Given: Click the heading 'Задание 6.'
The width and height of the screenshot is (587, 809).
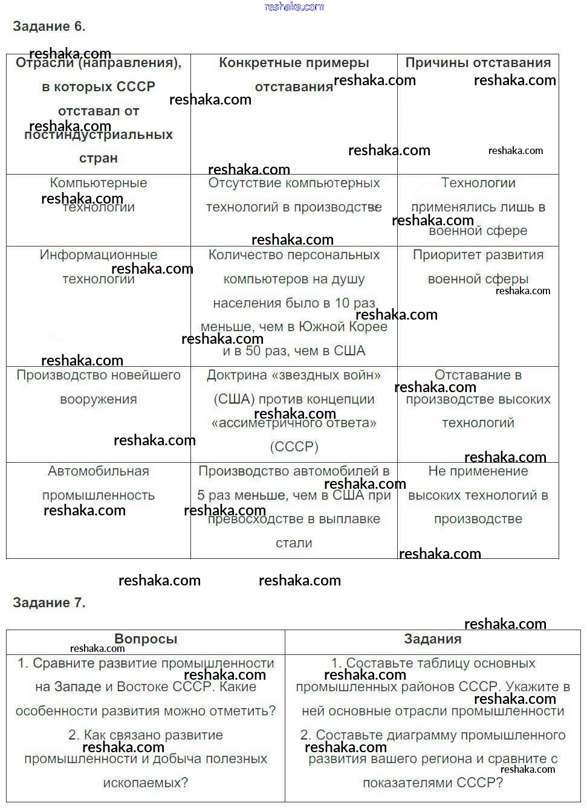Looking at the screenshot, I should point(49,27).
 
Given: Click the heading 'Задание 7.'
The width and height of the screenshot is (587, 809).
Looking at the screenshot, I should point(49,602).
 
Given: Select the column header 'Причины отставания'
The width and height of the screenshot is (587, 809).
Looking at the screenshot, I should point(478,63).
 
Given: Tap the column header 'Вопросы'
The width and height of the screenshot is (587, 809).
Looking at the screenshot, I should point(146,639).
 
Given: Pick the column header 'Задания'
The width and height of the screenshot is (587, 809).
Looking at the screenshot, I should point(432,639).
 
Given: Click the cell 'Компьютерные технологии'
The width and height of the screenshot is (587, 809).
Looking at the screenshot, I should point(99,195).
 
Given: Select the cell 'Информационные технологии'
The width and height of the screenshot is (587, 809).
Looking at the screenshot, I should point(99,266).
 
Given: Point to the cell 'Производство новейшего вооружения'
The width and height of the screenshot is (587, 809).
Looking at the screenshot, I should point(99,387).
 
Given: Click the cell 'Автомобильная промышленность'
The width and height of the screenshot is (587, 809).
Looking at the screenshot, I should point(99,483).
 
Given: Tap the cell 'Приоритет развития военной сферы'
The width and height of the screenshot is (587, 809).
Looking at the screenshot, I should point(478,266).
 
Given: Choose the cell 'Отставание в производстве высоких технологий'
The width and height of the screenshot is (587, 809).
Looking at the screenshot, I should point(478,399).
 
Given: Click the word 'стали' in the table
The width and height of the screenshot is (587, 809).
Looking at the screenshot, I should point(294,543).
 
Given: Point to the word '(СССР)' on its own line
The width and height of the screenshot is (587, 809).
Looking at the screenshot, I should point(294,447).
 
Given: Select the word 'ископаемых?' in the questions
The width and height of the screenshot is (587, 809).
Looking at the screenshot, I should point(146,783).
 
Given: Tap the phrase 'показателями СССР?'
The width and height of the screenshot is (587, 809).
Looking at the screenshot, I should point(432,783).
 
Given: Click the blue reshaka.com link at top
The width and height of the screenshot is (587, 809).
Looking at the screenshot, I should point(294,7).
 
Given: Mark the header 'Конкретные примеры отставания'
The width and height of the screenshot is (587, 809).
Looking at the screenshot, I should point(294,74).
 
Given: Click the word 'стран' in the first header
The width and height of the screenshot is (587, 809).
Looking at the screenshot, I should point(99,158).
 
